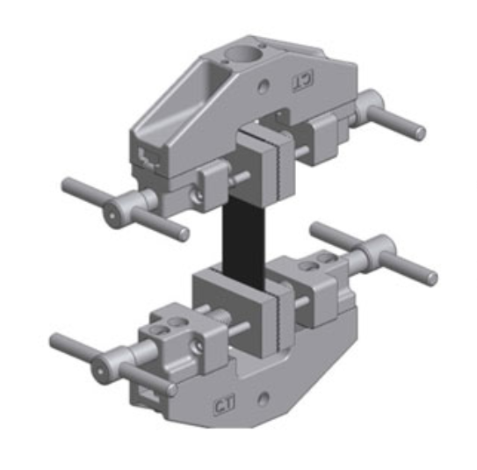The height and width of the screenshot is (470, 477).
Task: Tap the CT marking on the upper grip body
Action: (301, 81)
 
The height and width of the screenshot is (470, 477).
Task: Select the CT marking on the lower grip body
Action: (224, 406)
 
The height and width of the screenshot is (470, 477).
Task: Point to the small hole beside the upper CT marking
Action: (266, 87)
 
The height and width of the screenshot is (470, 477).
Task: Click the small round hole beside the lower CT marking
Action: (263, 401)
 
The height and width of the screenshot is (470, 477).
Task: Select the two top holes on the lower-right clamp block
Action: (322, 260)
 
